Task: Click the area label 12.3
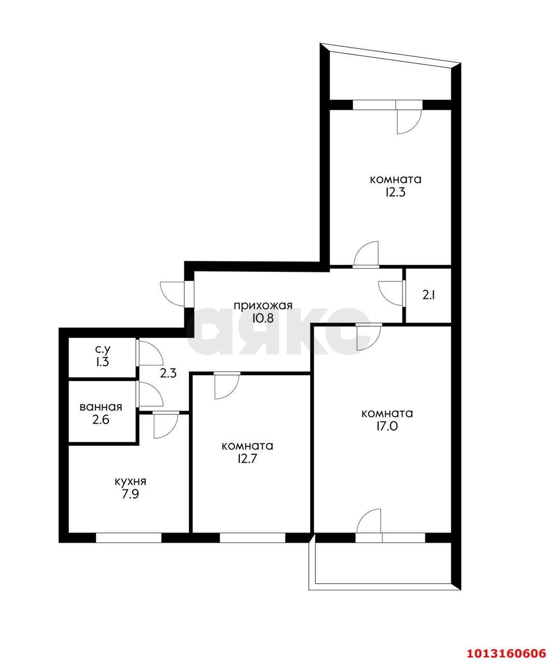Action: (x=395, y=193)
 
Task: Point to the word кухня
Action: (x=131, y=481)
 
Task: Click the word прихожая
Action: (x=263, y=306)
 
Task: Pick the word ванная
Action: (x=101, y=407)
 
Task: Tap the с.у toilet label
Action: (x=103, y=350)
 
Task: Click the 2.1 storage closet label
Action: (x=428, y=296)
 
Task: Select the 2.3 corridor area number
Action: (x=168, y=373)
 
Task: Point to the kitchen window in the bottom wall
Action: (x=128, y=538)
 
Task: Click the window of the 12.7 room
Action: (x=252, y=538)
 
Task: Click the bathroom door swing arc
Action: (x=151, y=394)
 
